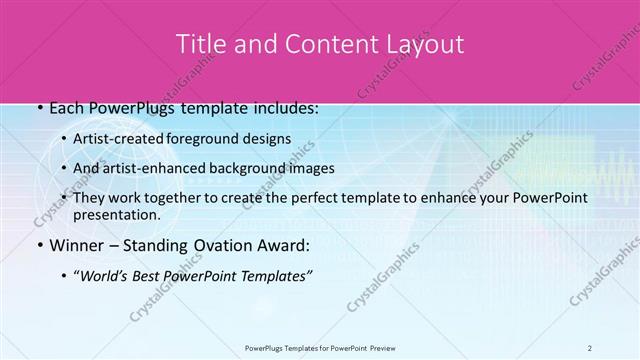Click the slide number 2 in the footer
[589, 347]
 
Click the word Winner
[65, 245]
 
